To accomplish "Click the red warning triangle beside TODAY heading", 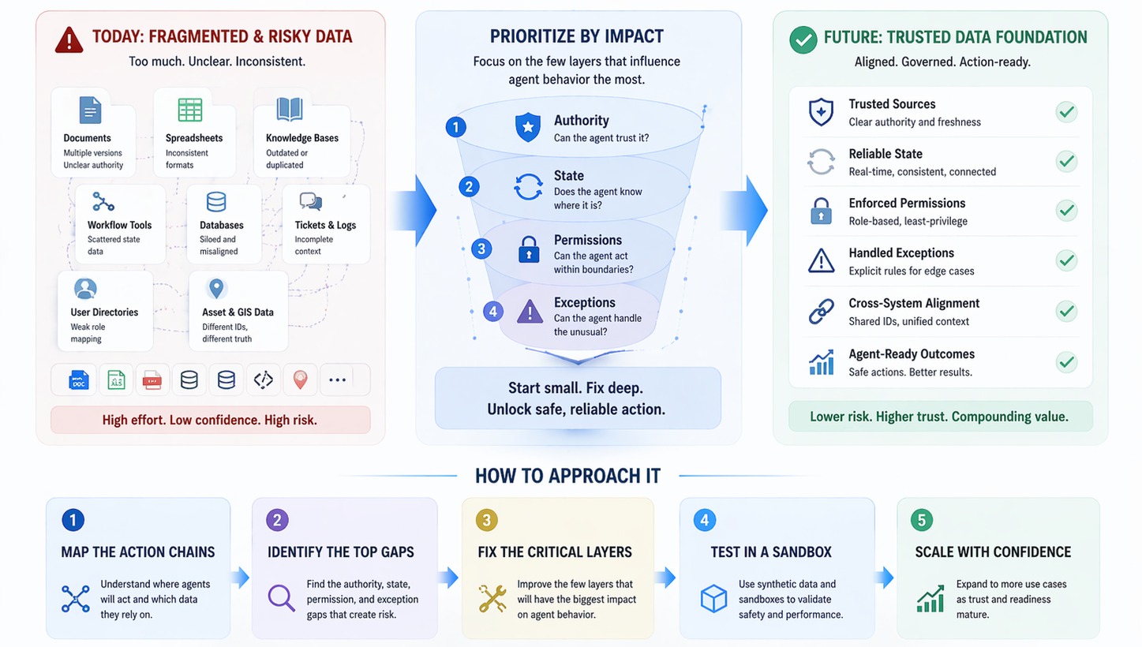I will [x=69, y=39].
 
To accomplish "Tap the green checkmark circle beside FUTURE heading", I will [x=803, y=39].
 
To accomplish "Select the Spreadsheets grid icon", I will [x=189, y=110].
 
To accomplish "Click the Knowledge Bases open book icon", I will [x=290, y=110].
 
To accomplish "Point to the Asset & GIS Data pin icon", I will [x=215, y=288].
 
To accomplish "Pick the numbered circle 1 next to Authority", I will [x=456, y=126].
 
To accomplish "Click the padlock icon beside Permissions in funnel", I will [x=527, y=249].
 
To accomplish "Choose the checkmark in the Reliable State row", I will [x=1066, y=162].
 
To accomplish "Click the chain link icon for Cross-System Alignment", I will [x=821, y=312].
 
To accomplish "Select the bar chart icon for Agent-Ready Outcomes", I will [x=821, y=362].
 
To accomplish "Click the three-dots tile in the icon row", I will [x=337, y=380].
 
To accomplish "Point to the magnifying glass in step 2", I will [x=280, y=598].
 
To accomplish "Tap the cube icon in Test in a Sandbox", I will [x=713, y=599].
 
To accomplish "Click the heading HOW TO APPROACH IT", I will [x=567, y=476].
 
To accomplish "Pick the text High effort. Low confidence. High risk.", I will [x=210, y=420].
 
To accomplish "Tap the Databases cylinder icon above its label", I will [x=216, y=203].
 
